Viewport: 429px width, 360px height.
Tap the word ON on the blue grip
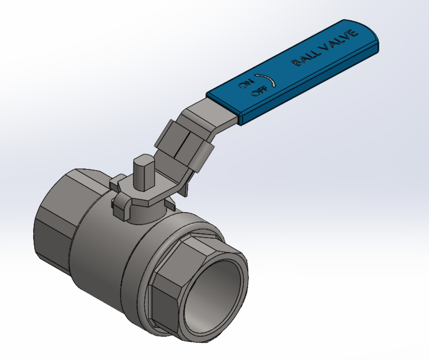[x=244, y=84]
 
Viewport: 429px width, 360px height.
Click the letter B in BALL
[x=296, y=64]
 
